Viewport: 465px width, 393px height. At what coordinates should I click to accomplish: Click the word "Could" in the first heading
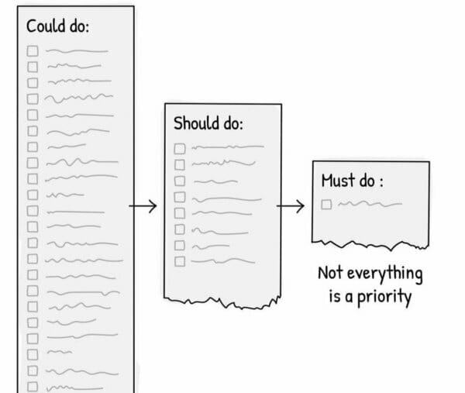coord(46,26)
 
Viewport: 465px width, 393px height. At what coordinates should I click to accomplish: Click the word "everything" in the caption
coord(385,274)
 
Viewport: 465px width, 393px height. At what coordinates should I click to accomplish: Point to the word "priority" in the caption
coord(384,297)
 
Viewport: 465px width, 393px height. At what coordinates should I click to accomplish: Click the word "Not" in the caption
coord(330,273)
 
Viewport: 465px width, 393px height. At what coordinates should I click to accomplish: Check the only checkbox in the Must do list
coord(326,205)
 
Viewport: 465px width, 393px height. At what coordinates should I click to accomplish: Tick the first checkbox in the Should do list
coord(180,149)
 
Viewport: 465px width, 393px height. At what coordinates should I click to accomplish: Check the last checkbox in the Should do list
coord(180,261)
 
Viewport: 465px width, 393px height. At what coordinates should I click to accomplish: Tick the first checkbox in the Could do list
coord(33,50)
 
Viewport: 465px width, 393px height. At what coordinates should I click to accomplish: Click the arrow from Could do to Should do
coord(143,206)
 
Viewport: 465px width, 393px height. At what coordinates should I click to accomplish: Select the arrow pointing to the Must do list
coord(291,206)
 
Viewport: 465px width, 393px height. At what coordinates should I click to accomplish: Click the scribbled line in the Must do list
coord(370,204)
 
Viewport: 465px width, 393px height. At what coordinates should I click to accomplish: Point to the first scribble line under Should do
coord(228,147)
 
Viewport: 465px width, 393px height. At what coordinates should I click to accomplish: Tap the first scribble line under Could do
coord(77,51)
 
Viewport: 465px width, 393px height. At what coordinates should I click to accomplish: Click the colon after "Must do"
coord(381,181)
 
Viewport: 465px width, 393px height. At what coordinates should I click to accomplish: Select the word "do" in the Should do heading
coord(233,123)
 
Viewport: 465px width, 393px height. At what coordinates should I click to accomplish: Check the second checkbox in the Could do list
coord(33,67)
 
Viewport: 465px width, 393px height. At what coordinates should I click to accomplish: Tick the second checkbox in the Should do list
coord(180,164)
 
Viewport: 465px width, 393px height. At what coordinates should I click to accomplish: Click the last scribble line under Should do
coord(223,261)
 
